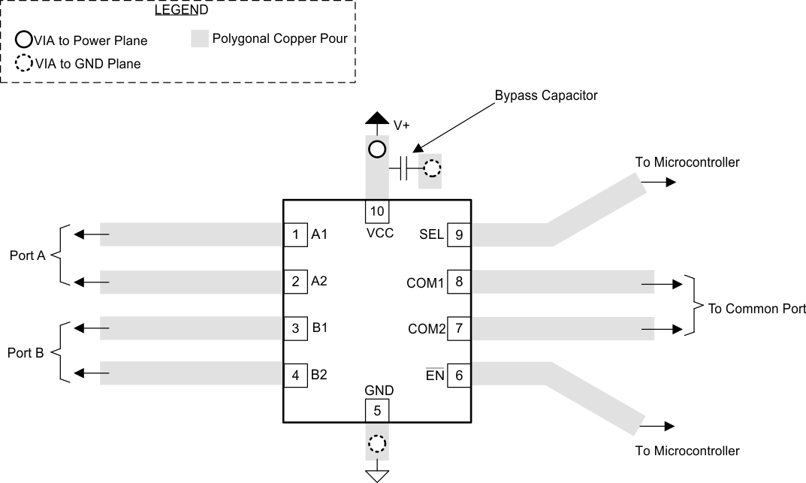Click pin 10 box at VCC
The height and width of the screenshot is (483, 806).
377,210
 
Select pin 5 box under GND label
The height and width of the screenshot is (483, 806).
377,411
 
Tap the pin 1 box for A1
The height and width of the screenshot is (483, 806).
295,234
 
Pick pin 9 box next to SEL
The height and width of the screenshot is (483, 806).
458,234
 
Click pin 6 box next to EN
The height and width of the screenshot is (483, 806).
458,375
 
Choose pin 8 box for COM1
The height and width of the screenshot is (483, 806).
458,282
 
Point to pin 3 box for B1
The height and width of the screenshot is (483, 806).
295,328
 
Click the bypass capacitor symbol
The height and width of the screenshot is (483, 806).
403,169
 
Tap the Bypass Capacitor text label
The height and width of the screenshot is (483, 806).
545,96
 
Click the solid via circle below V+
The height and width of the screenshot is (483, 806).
377,149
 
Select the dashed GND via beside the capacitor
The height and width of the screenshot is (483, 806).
431,169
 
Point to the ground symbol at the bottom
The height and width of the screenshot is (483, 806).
377,473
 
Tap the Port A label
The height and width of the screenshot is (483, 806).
27,255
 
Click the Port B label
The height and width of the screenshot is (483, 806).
27,352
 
